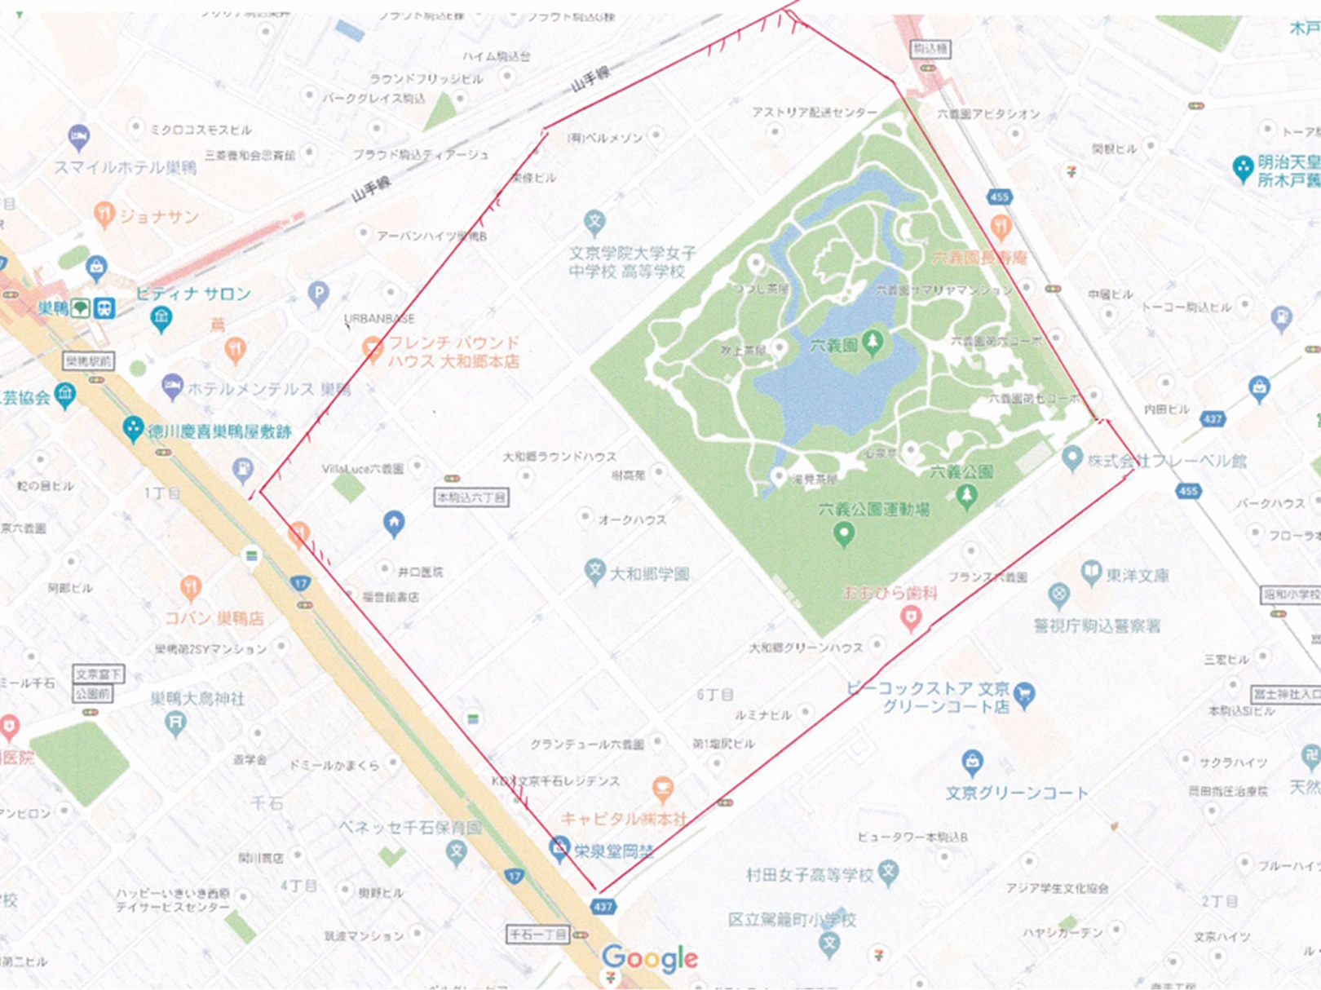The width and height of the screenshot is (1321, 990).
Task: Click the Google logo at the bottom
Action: click(650, 958)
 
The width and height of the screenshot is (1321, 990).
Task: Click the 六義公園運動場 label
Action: click(873, 510)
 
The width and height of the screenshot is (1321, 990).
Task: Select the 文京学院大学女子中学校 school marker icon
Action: click(594, 222)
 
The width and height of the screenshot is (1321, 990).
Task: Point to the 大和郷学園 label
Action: click(650, 574)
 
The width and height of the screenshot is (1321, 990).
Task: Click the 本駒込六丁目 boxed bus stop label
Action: click(471, 497)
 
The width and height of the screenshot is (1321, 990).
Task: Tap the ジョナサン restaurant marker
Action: click(104, 214)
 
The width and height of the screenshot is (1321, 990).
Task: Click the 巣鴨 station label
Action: click(52, 308)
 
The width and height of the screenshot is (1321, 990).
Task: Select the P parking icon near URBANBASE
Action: click(318, 293)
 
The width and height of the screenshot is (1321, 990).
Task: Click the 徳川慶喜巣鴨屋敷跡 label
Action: click(219, 431)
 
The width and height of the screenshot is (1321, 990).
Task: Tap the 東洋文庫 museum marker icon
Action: click(1091, 572)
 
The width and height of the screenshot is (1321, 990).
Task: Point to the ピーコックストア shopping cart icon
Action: click(1025, 694)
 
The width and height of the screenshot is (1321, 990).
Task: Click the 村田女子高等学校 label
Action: click(809, 875)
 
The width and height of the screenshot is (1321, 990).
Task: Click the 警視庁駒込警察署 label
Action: click(1097, 625)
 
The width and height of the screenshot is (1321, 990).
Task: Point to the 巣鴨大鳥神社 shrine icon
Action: click(175, 722)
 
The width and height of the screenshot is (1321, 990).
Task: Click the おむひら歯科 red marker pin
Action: click(911, 618)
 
